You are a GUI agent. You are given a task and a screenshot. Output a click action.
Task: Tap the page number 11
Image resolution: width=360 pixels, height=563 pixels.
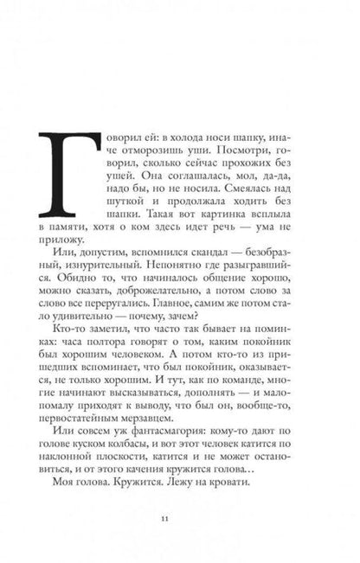click(x=178, y=519)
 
